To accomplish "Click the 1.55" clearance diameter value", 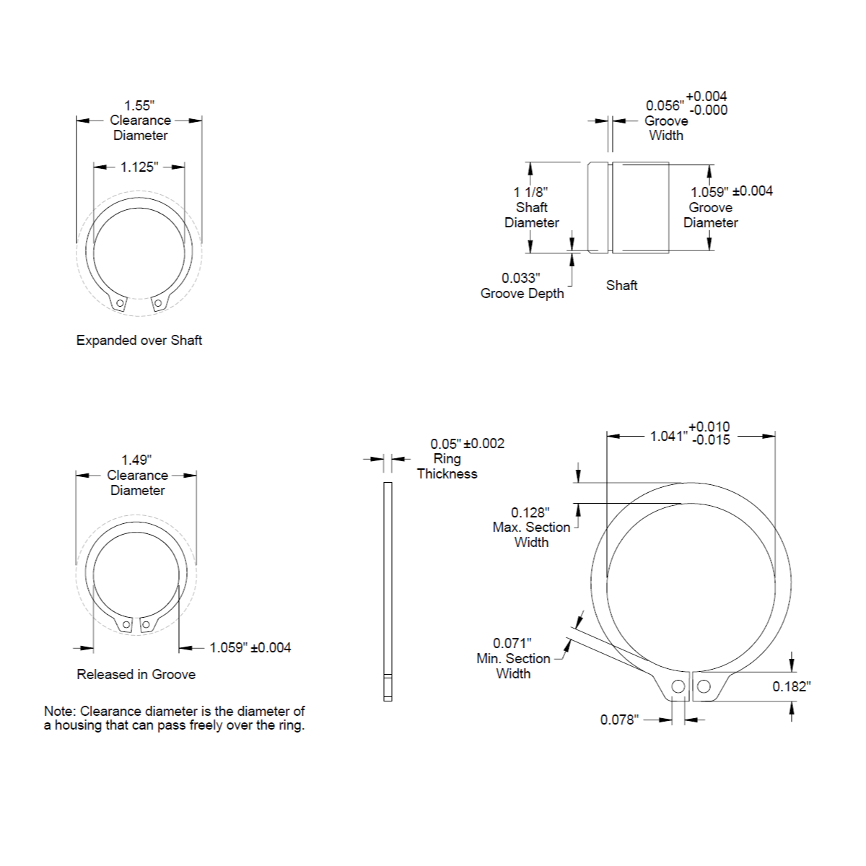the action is pyautogui.click(x=139, y=105).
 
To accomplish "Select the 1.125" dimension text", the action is pyautogui.click(x=139, y=167).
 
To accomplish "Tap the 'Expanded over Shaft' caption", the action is pyautogui.click(x=139, y=340).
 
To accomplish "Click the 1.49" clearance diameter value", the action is pyautogui.click(x=136, y=460).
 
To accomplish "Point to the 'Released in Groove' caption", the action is pyautogui.click(x=136, y=674).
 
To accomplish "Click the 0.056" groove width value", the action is pyautogui.click(x=665, y=105).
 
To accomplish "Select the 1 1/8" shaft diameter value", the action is pyautogui.click(x=530, y=193).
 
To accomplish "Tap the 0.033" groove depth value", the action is pyautogui.click(x=521, y=278).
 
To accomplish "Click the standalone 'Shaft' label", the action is pyautogui.click(x=621, y=285).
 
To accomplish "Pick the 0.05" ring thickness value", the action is pyautogui.click(x=446, y=444).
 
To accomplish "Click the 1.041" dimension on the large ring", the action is pyautogui.click(x=669, y=436).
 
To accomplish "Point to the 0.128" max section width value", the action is pyautogui.click(x=530, y=513).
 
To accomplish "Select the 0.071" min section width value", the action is pyautogui.click(x=512, y=644).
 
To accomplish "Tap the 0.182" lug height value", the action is pyautogui.click(x=792, y=687).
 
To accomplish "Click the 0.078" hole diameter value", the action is pyautogui.click(x=619, y=720).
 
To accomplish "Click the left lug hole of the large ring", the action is pyautogui.click(x=678, y=686).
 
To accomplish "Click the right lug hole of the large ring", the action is pyautogui.click(x=704, y=686).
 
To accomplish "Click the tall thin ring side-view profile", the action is pyautogui.click(x=388, y=592).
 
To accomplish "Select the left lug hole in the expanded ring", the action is pyautogui.click(x=120, y=303).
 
